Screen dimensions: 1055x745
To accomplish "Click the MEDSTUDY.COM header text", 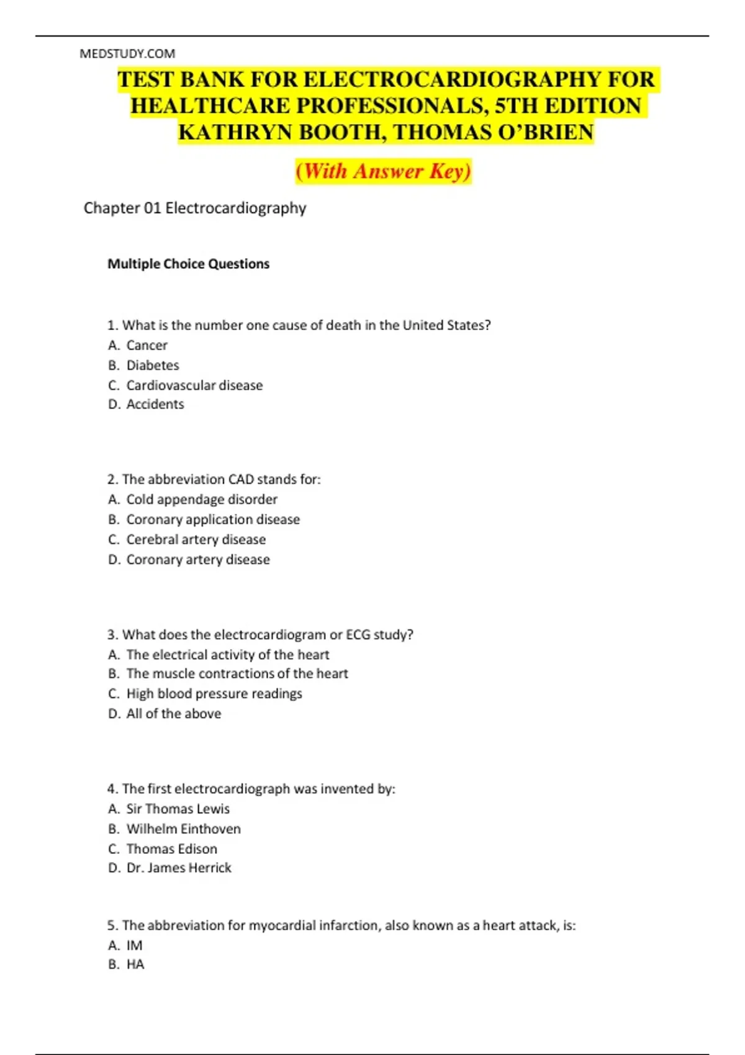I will point(127,54).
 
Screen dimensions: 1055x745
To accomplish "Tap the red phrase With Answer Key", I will point(384,171).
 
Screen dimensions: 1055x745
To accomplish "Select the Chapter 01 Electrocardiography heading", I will point(195,208).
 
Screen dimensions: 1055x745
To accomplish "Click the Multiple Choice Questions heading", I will point(188,264).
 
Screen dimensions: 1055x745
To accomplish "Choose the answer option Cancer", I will point(147,345).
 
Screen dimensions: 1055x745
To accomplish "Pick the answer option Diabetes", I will point(153,365).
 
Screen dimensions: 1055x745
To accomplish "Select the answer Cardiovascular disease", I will point(194,385).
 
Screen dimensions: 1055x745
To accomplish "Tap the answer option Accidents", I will point(155,405).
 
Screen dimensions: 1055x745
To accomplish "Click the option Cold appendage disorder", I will point(202,500).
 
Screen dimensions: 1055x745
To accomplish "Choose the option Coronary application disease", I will point(213,519).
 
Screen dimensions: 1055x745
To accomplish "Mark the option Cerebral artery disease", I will point(196,540).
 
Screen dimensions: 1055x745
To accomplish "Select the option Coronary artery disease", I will point(198,560).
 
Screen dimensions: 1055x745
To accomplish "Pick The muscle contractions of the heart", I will point(237,674).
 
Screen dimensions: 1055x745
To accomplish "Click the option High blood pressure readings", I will point(214,694).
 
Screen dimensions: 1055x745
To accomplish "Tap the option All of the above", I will point(174,714).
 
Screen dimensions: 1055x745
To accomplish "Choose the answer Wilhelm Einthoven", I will point(183,829).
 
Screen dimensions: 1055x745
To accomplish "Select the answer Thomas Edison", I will point(172,849).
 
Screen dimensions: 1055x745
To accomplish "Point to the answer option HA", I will point(135,964).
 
